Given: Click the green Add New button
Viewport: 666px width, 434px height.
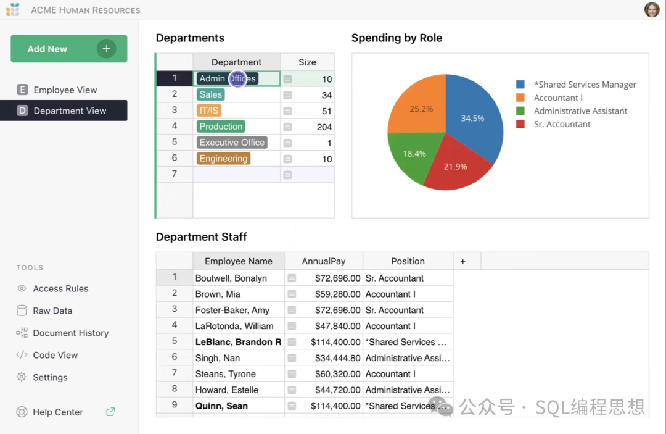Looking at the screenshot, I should click(x=68, y=49).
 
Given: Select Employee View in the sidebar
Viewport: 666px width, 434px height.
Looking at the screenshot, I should click(x=65, y=90).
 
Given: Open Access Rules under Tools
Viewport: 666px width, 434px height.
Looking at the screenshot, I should click(x=60, y=288).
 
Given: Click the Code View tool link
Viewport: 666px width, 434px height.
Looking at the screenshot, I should click(x=55, y=355).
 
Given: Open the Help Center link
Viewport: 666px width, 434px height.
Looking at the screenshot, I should click(x=58, y=412).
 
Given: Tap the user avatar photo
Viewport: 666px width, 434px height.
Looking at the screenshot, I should click(x=652, y=10).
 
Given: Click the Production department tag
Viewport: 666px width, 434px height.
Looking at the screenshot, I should click(x=221, y=127).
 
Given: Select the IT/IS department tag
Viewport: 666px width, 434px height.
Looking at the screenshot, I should click(x=209, y=111).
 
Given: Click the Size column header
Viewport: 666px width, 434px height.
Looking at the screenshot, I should click(x=307, y=62).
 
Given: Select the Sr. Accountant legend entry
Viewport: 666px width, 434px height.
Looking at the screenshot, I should click(x=562, y=124).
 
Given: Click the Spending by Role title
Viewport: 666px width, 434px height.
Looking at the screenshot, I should click(x=397, y=38).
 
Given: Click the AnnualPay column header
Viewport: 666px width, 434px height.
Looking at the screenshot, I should click(x=324, y=261).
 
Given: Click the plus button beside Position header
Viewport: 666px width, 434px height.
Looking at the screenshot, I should click(x=462, y=261).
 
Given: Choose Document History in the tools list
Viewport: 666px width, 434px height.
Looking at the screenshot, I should click(x=70, y=333).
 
